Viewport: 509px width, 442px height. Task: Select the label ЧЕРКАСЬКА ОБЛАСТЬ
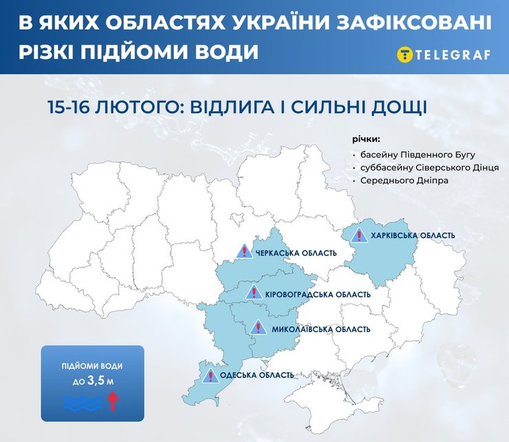296,253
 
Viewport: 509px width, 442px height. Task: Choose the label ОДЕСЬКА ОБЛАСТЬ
257,375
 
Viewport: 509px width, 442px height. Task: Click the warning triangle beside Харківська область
358,236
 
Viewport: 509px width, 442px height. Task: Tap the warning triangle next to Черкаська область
243,252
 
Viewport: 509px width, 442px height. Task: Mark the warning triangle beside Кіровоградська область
253,293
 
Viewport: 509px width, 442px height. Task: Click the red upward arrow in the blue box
113,400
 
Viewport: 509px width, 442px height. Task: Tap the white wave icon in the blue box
82,401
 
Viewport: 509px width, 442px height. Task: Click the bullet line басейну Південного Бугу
413,155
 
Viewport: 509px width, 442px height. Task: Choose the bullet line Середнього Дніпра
402,180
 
